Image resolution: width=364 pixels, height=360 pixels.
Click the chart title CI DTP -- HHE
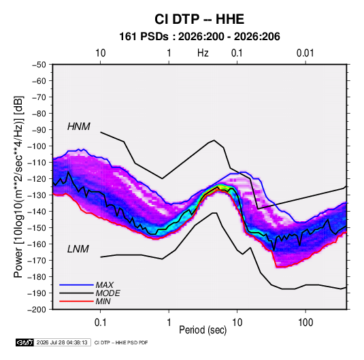click(x=199, y=19)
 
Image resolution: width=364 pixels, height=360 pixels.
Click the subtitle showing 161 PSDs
click(x=199, y=37)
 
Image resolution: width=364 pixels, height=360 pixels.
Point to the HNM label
click(x=79, y=127)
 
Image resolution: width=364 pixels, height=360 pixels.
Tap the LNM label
click(x=78, y=249)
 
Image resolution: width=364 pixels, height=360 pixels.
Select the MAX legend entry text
click(x=105, y=285)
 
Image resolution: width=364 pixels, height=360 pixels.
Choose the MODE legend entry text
click(x=107, y=293)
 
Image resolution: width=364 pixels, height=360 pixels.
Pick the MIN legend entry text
click(x=103, y=301)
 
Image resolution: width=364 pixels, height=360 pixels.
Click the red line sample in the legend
click(x=76, y=301)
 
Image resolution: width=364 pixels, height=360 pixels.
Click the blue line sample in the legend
click(x=76, y=284)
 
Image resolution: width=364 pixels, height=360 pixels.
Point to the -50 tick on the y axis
click(x=39, y=65)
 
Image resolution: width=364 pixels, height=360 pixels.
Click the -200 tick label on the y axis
click(x=37, y=310)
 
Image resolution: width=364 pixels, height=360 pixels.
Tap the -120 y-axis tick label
click(x=37, y=179)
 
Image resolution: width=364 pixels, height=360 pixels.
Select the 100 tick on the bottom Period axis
click(x=305, y=323)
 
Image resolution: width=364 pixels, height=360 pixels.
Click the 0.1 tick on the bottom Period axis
click(x=100, y=323)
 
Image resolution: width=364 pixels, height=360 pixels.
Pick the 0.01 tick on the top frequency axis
click(x=305, y=53)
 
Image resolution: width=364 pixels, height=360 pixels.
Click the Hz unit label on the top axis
click(x=203, y=53)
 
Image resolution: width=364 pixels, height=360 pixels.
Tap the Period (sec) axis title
click(x=203, y=330)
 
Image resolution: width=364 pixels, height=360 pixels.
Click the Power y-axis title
click(x=18, y=186)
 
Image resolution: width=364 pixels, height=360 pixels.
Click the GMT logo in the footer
click(x=25, y=342)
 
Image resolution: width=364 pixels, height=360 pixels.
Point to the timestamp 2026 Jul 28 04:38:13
click(x=62, y=342)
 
